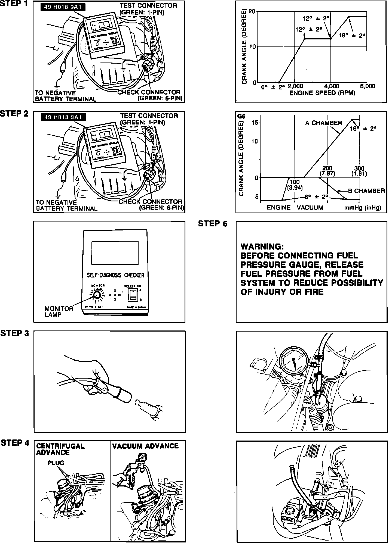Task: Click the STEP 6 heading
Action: point(213,224)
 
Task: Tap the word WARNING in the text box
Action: point(262,246)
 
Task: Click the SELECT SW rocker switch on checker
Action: point(132,294)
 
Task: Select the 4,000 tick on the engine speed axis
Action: point(332,86)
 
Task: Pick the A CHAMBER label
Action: point(323,123)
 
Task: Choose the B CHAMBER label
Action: point(366,191)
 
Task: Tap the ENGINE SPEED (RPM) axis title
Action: point(322,93)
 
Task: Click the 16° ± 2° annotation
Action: point(363,129)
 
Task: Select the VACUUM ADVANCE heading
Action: point(145,446)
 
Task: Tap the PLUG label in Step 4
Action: point(56,463)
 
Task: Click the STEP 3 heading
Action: point(15,333)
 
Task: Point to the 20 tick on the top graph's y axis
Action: point(252,12)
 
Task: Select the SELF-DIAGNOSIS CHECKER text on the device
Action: point(115,275)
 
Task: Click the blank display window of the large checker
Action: point(115,253)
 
